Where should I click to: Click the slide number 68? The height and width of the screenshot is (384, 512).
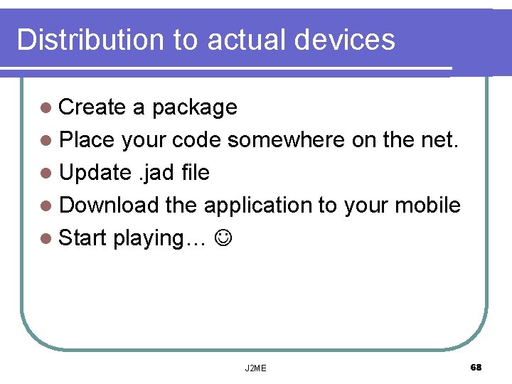click(476, 367)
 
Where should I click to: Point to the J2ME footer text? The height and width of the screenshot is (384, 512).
click(255, 368)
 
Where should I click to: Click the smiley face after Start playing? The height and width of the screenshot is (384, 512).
click(223, 238)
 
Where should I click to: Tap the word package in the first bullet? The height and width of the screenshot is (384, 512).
click(194, 108)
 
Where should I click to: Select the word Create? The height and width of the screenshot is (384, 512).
click(92, 107)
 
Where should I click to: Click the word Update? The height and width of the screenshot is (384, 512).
click(95, 173)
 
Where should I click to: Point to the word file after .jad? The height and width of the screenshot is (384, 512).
click(195, 173)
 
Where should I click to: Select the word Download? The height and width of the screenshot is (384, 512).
click(109, 206)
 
